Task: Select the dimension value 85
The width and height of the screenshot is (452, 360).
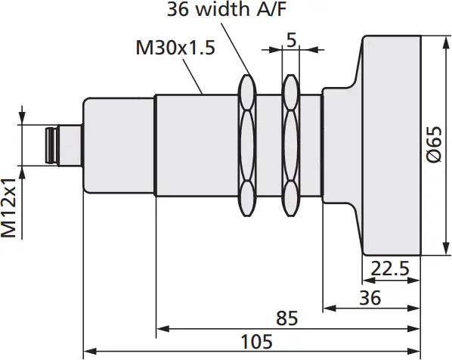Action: click(287, 318)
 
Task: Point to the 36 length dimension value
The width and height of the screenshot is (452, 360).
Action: click(370, 297)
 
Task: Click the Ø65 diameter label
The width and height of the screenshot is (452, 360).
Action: click(433, 144)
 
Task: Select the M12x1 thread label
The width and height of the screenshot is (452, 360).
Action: click(10, 208)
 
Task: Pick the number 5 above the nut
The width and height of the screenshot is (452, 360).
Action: click(291, 41)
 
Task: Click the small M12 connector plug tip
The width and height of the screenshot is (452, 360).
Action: click(51, 145)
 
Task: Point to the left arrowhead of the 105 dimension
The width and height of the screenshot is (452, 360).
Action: click(88, 351)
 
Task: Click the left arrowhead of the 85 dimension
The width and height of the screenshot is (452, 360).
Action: click(161, 329)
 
